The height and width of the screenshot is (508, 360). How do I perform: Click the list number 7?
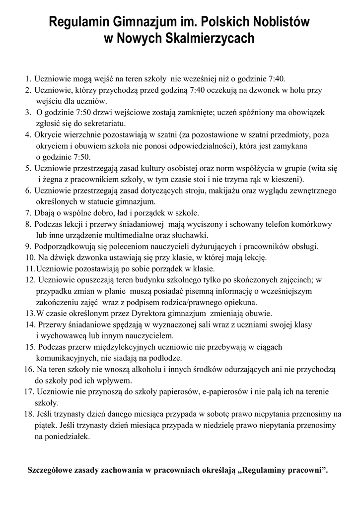(27, 213)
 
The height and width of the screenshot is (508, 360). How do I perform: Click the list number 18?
(28, 414)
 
